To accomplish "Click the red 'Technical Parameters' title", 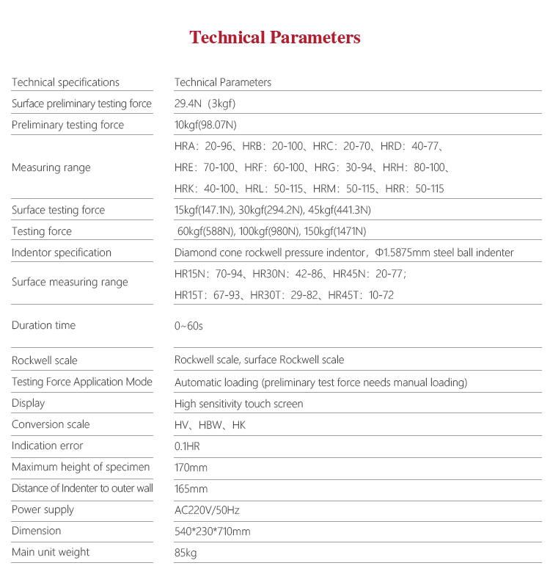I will click(275, 37).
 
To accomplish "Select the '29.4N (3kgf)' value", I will click(205, 103).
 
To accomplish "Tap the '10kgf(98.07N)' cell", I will click(205, 125).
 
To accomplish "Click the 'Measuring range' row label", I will click(51, 167).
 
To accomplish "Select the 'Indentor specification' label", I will click(62, 252).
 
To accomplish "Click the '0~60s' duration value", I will click(188, 325).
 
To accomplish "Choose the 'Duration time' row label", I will click(43, 325).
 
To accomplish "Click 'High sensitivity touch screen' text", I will click(238, 404).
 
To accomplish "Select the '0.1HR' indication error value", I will click(188, 446).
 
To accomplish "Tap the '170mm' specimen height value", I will click(191, 468).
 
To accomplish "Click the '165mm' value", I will click(191, 489).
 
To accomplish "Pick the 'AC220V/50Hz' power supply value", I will click(206, 510).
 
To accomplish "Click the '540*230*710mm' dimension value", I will click(212, 531).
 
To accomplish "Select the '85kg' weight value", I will click(186, 553).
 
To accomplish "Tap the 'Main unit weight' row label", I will click(51, 552).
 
